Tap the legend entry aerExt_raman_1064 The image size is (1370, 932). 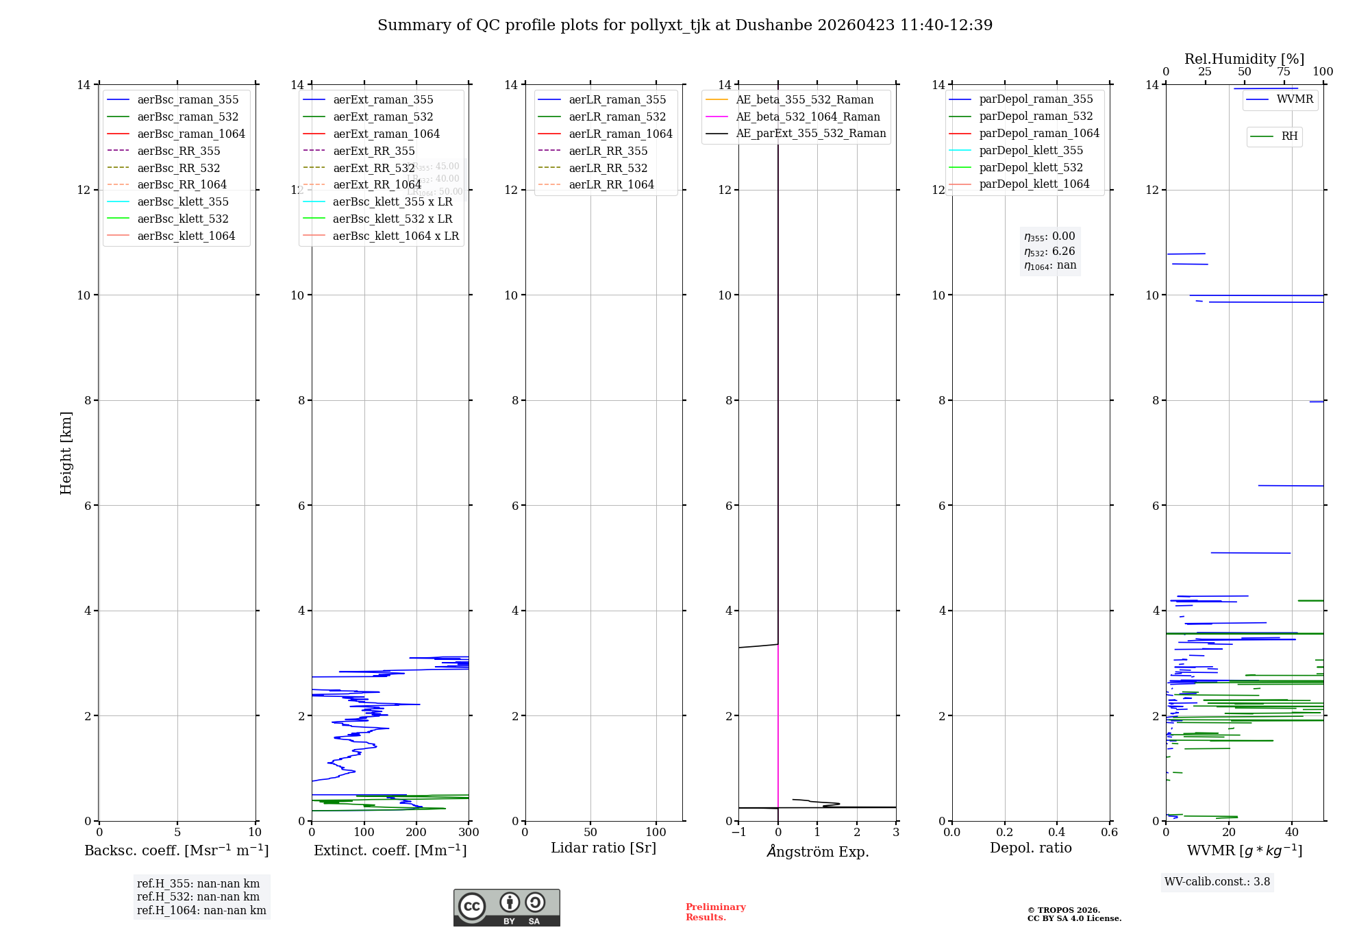click(386, 134)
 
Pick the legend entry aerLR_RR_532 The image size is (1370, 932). click(608, 168)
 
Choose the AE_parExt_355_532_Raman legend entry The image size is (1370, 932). click(810, 133)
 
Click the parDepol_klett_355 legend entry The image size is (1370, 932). click(1030, 150)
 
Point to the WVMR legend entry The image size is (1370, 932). click(1294, 99)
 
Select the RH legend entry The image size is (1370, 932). click(1288, 136)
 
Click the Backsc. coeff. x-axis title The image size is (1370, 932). click(176, 850)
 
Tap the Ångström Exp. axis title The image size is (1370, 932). click(817, 851)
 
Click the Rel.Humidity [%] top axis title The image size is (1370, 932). click(1244, 59)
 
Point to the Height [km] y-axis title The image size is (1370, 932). click(66, 452)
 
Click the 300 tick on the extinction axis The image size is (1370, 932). click(469, 833)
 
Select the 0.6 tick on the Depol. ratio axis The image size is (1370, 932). click(1109, 833)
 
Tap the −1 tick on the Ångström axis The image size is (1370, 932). click(738, 833)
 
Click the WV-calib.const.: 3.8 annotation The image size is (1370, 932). click(1217, 882)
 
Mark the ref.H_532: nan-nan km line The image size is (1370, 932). click(198, 897)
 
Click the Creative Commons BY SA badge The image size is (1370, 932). click(506, 907)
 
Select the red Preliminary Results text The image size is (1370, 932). click(715, 912)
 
